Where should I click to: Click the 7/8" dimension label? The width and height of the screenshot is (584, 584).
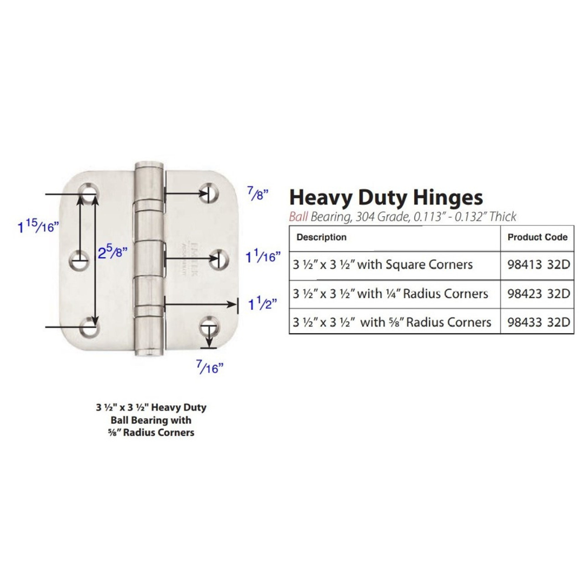coord(257,194)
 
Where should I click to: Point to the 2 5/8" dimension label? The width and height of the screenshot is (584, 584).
coord(113,252)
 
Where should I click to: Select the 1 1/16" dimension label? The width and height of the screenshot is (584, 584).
coord(263,257)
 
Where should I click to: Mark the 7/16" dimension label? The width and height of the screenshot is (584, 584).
coord(209,368)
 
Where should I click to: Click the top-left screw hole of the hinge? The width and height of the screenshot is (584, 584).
coord(89,193)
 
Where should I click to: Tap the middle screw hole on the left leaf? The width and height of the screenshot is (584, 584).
coord(79,261)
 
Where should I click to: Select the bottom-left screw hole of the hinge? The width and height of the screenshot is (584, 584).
coord(89,327)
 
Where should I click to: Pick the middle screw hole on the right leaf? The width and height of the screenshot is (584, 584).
coord(220,259)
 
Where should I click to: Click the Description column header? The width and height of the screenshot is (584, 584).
coord(321,237)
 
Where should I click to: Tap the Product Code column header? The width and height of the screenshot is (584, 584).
coord(537,237)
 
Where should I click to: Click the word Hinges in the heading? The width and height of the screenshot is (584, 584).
coord(441,197)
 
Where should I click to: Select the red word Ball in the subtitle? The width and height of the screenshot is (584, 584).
coord(299,217)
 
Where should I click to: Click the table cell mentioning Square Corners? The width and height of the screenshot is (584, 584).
coord(383,265)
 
